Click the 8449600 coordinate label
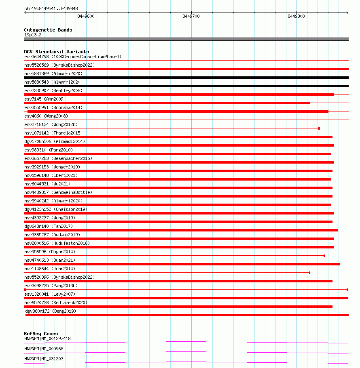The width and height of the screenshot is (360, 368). (x=86, y=17)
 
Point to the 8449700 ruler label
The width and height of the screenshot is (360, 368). (x=191, y=17)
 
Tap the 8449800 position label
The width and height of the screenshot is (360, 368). (x=296, y=17)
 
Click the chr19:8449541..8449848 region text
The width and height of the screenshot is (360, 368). (x=51, y=8)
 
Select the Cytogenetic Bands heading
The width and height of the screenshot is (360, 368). (x=48, y=30)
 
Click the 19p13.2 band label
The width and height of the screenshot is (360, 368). (x=33, y=35)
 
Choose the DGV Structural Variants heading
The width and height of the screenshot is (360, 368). (x=56, y=52)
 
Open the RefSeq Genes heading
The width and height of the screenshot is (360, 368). (x=41, y=334)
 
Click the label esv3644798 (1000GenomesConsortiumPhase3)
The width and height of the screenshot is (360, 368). (x=72, y=57)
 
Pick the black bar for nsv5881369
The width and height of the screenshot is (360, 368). (x=186, y=78)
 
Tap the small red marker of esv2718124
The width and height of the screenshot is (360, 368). (x=319, y=128)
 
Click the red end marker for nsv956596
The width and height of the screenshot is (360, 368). (x=324, y=256)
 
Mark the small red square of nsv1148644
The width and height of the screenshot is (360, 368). (x=309, y=273)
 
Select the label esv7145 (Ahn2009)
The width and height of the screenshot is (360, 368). (x=44, y=99)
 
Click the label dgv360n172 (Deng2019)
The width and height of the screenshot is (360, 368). (x=51, y=311)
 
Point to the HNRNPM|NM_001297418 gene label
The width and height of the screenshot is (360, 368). (x=47, y=339)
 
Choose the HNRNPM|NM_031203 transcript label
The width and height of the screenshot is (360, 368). (x=44, y=359)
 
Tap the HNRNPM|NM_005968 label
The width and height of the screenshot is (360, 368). (x=44, y=349)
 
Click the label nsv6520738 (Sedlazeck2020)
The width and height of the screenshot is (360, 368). (x=56, y=303)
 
